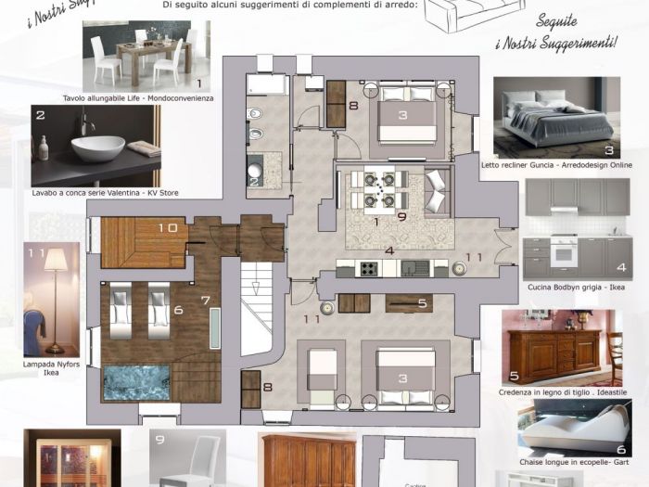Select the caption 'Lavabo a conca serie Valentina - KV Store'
pos(105,193)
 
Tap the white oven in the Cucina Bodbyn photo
pos(564,252)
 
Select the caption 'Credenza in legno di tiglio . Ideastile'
pos(561,392)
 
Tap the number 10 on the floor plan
pos(168,227)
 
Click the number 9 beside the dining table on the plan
pos(401,216)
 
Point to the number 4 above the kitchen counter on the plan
pos(389,250)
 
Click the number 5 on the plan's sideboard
pos(421,302)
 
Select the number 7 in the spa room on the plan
pos(206,301)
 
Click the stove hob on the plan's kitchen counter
pos(368,269)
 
